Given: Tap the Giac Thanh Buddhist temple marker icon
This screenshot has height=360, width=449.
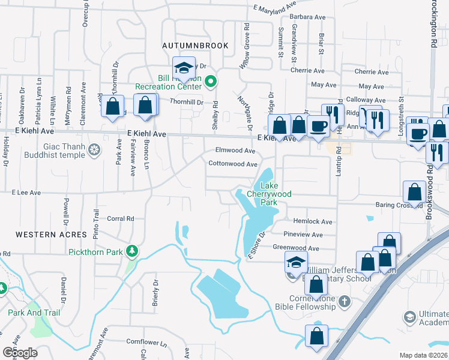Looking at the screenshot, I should pyautogui.click(x=94, y=149).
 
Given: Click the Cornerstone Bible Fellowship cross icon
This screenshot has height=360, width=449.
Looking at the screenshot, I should pyautogui.click(x=345, y=301).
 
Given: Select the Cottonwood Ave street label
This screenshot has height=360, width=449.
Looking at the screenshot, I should pyautogui.click(x=233, y=164).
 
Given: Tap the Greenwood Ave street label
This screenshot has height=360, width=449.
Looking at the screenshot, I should pyautogui.click(x=296, y=248).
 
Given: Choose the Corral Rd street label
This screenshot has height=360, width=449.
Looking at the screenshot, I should pyautogui.click(x=120, y=219).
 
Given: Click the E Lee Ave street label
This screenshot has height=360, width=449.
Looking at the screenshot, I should pyautogui.click(x=26, y=193).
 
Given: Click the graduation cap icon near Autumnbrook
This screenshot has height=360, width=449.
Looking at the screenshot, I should pyautogui.click(x=184, y=67).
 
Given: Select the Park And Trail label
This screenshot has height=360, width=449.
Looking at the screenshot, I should pyautogui.click(x=34, y=313).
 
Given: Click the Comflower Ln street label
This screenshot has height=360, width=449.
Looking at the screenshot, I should pyautogui.click(x=146, y=342).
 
